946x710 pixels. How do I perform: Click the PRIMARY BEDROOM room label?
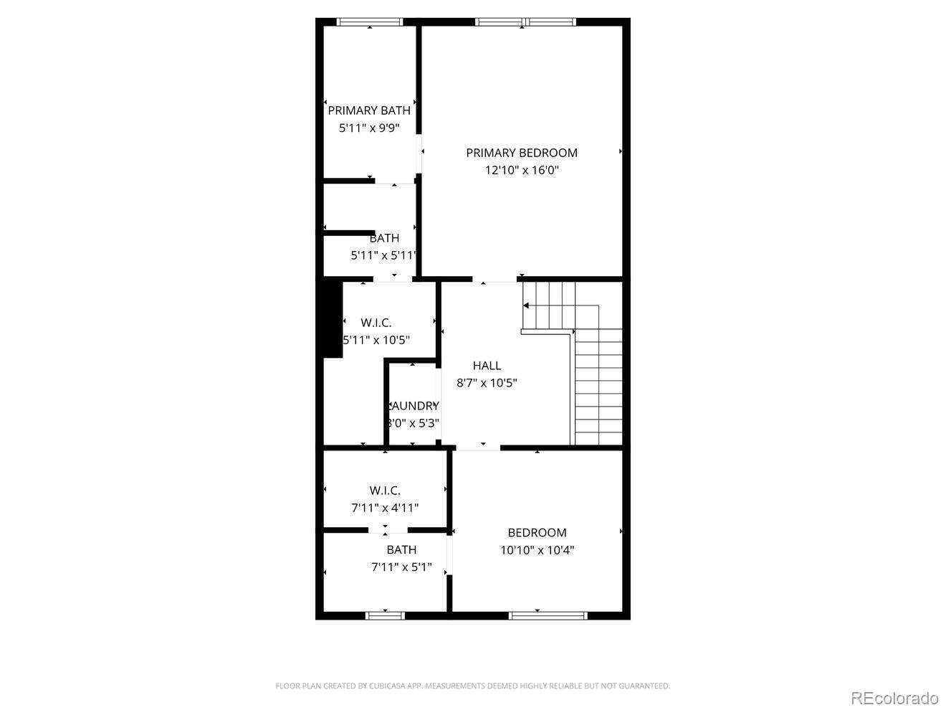pos(521,153)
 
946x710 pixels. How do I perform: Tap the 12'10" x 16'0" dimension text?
pos(521,171)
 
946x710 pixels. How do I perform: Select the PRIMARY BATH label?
pos(369,110)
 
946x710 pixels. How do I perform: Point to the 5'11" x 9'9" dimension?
pos(369,128)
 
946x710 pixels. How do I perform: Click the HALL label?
pos(487,366)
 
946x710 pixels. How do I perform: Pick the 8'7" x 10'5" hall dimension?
pos(487,384)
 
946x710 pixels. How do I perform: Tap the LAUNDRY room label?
pos(414,406)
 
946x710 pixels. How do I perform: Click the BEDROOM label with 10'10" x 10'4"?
pos(537,533)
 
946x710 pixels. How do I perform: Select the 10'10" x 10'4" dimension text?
pos(537,551)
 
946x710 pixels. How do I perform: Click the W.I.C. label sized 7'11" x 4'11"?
pos(385,491)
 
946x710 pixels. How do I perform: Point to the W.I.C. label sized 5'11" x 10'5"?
pos(376,323)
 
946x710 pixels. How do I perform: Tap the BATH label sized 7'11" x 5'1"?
pos(401,550)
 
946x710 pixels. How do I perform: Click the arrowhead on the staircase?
pos(526,306)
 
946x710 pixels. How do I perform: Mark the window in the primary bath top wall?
pos(370,22)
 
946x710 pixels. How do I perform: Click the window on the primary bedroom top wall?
pos(526,22)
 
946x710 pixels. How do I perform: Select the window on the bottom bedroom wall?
pos(548,615)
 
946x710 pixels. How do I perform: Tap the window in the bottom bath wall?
pos(385,615)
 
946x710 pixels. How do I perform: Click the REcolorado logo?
pos(894,698)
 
